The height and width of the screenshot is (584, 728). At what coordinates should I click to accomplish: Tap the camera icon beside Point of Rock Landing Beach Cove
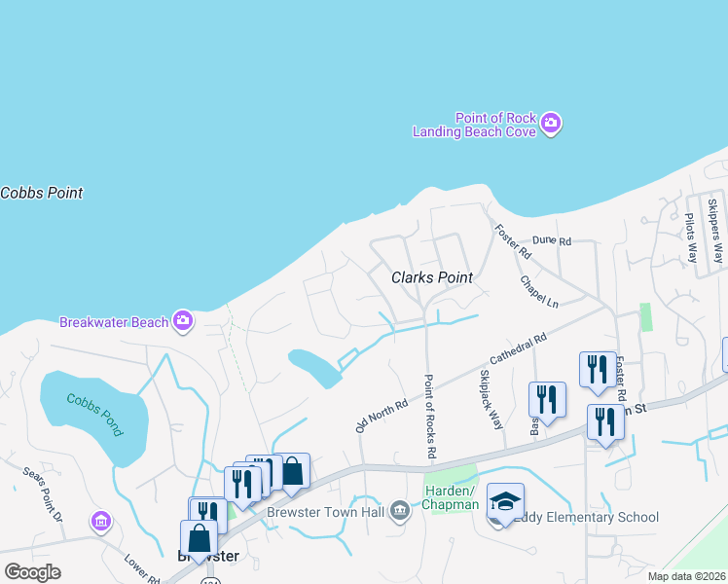tap(551, 124)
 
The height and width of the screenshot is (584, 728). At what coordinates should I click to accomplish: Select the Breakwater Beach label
tap(115, 322)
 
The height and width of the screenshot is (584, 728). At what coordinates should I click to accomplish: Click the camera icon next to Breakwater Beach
tap(182, 320)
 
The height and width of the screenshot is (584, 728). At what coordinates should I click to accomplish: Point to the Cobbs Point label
tap(42, 193)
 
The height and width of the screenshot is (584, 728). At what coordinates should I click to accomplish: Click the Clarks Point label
tap(432, 277)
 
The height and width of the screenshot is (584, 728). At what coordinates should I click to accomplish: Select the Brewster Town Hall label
tap(331, 510)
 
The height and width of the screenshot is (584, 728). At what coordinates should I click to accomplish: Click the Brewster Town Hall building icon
tap(400, 510)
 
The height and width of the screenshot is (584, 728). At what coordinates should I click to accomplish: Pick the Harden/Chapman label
tap(452, 497)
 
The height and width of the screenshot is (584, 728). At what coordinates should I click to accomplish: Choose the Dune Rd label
tap(551, 240)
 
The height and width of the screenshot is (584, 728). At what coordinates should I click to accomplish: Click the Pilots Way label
tap(691, 238)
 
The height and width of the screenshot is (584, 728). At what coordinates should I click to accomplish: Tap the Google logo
tap(32, 571)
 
